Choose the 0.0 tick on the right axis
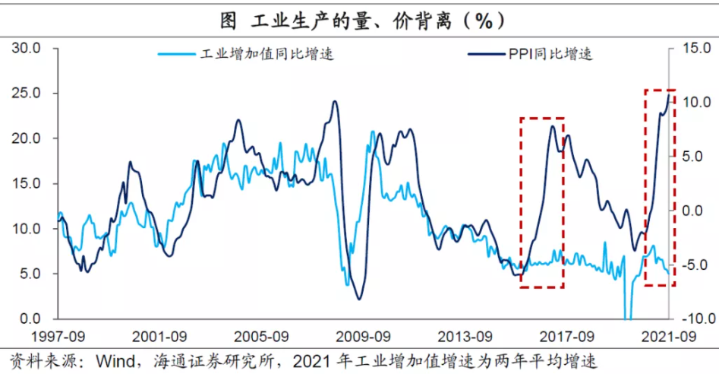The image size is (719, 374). (x=694, y=211)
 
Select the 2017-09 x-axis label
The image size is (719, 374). (x=566, y=336)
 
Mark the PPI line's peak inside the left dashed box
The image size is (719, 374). (x=553, y=126)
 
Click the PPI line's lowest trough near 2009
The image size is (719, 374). (x=359, y=299)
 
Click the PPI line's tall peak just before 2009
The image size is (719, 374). (x=334, y=102)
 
